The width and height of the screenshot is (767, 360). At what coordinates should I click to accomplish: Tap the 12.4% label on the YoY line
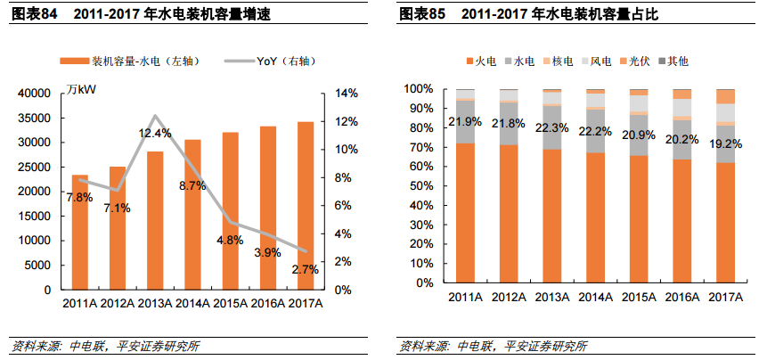(x=154, y=133)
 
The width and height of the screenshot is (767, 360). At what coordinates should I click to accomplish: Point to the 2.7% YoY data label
(x=305, y=269)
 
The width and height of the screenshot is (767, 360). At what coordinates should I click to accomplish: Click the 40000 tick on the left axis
(x=34, y=94)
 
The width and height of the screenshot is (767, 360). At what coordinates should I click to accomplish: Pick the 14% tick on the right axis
(x=346, y=94)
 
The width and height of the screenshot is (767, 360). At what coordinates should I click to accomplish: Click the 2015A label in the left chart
(x=230, y=304)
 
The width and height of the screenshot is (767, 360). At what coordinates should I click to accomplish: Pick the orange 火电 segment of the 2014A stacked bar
(x=595, y=218)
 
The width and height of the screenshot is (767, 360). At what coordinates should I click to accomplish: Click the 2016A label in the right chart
(x=681, y=297)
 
